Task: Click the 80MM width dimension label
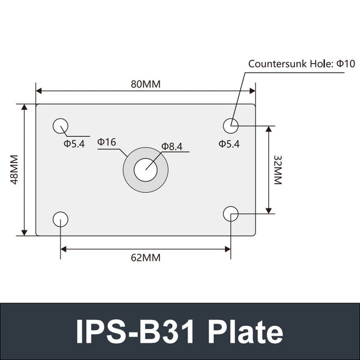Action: point(146,84)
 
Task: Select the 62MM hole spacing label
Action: point(146,258)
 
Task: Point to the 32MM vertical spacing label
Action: point(277,170)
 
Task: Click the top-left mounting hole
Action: point(60,125)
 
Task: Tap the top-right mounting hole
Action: point(231,125)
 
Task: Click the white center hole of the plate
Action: point(145,170)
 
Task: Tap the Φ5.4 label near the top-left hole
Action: point(75,143)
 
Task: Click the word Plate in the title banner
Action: point(246,332)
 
